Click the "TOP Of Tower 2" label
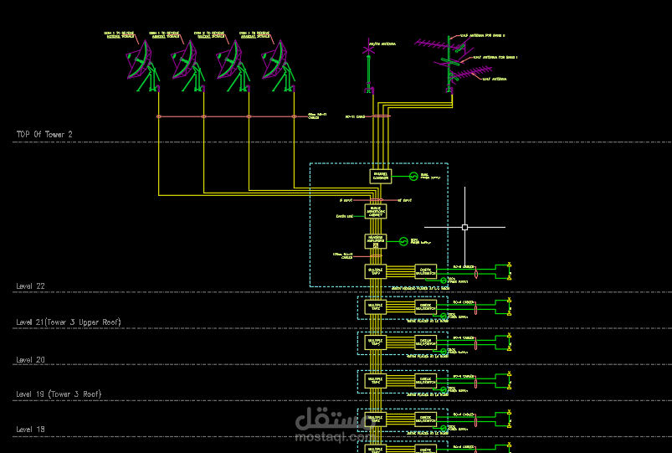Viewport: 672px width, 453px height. coord(44,134)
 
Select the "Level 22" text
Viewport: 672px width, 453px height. coord(30,286)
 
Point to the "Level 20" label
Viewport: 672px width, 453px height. coord(30,359)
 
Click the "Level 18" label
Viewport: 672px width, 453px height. coord(30,430)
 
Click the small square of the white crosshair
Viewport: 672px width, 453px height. coord(464,227)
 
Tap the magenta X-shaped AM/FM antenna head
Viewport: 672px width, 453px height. coord(367,50)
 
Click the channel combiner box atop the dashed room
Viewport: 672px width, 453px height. coord(380,176)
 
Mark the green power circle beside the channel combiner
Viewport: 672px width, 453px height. coord(412,176)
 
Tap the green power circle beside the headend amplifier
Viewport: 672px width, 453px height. coord(403,241)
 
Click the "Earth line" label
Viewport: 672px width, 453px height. coord(345,216)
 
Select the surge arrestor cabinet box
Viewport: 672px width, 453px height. coord(376,212)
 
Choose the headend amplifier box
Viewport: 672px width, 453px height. coord(376,241)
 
